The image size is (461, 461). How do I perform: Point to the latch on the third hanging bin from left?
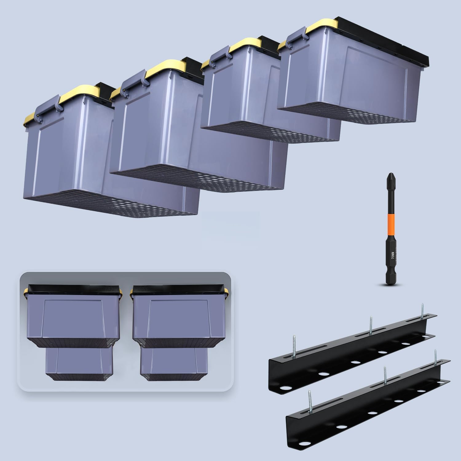coord(217,58)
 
